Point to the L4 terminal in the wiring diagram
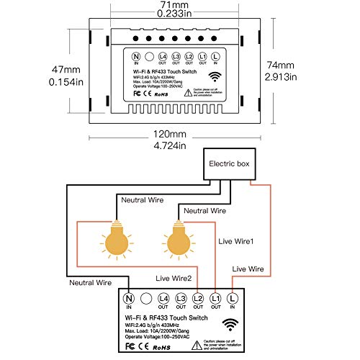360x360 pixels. (x=165, y=297)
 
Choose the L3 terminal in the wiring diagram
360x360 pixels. (x=181, y=297)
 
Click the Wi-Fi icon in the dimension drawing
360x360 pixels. (x=216, y=76)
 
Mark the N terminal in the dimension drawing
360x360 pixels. (x=135, y=55)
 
